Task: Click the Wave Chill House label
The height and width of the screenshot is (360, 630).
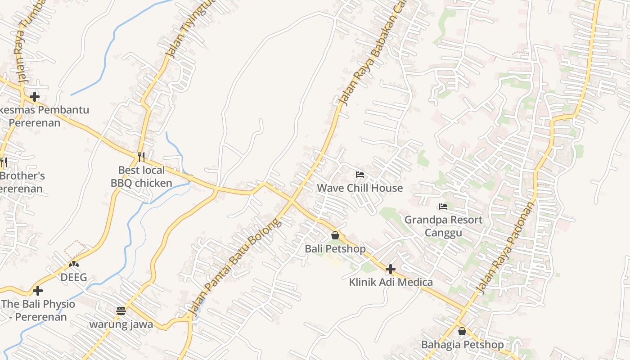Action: point(360,188)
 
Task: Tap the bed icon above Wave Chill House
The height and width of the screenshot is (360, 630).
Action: point(360,175)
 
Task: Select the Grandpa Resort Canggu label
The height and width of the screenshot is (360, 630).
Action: point(443,226)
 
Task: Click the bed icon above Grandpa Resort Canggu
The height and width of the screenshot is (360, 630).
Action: point(443,207)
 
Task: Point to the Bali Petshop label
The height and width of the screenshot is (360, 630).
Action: point(335,248)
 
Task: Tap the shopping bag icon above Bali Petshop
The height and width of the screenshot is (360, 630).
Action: point(335,235)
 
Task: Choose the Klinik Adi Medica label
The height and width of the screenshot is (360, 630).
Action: point(391,282)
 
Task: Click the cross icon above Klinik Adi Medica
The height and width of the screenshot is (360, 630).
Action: point(391,269)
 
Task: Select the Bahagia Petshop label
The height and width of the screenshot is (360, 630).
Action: point(462,345)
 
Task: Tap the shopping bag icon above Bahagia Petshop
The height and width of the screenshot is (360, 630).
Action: point(462,332)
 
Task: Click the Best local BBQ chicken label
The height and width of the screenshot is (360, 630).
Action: point(141,176)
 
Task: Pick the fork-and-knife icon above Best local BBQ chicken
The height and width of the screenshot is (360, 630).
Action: point(141,157)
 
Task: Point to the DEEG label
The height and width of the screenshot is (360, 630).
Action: point(74,277)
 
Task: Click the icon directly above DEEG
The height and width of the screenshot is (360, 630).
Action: point(74,264)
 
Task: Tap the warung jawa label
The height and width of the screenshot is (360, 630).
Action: point(121,324)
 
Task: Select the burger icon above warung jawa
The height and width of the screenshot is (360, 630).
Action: point(121,311)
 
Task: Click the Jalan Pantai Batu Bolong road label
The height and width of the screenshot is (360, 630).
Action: point(234,267)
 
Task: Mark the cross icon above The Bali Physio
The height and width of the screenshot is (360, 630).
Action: point(38,291)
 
